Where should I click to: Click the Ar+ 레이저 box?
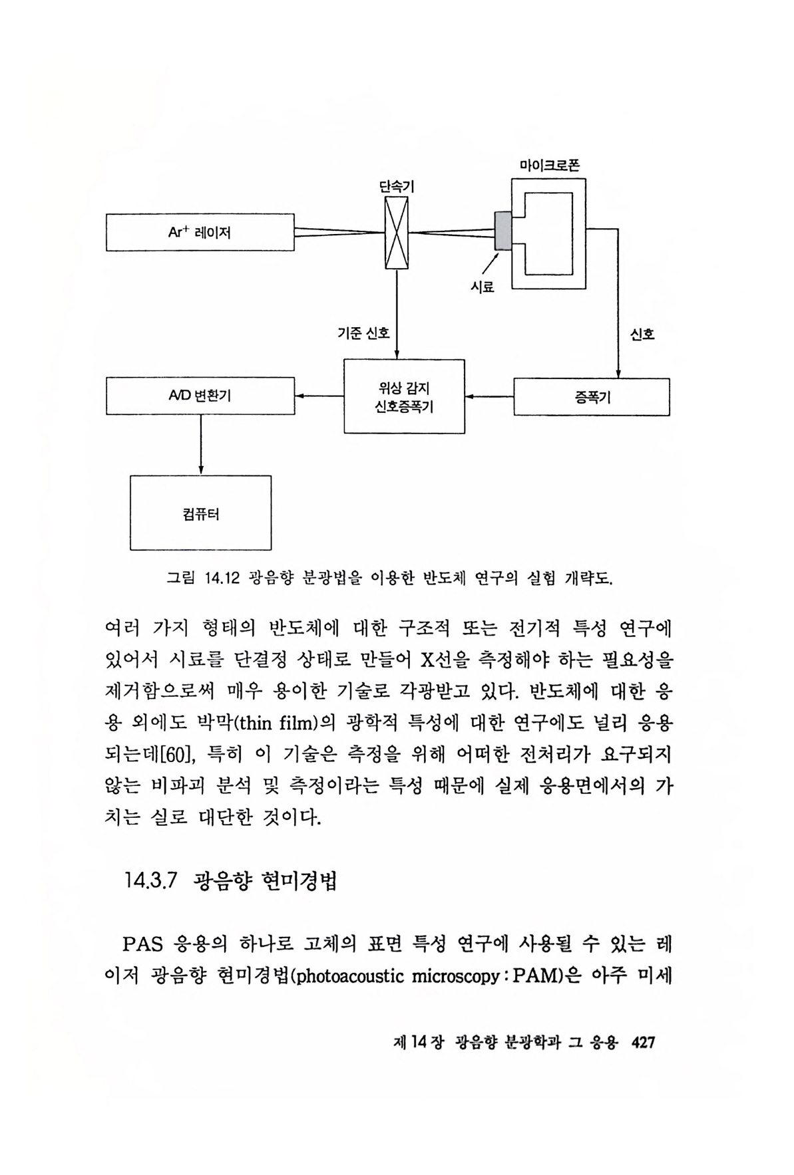tap(200, 233)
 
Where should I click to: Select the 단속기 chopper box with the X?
tap(397, 233)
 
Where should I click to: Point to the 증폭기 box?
tap(591, 397)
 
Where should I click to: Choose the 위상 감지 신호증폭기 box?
tap(404, 396)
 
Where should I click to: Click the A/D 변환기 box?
tap(200, 396)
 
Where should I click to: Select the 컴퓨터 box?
tap(200, 513)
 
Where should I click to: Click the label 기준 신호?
tap(363, 333)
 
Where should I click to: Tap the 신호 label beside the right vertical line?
tap(642, 334)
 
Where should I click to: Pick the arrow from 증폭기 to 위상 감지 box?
tap(489, 397)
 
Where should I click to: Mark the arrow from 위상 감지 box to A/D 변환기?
tap(319, 396)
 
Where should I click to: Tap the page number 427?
tap(643, 1042)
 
